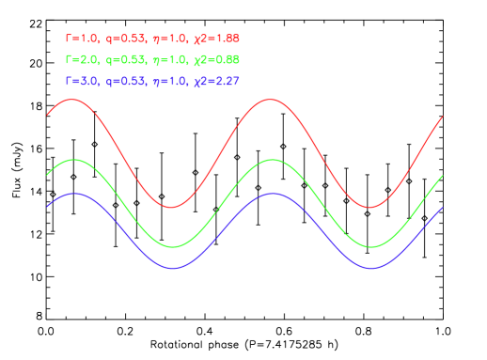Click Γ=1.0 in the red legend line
[79, 39]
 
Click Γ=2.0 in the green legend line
[79, 60]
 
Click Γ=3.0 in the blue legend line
[81, 82]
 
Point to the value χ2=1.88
[215, 39]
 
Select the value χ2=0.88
[215, 60]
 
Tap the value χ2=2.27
[215, 82]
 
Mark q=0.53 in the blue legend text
[126, 82]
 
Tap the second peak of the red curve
[271, 99]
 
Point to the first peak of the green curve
[72, 160]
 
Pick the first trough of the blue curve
[172, 268]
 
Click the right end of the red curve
[442, 117]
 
